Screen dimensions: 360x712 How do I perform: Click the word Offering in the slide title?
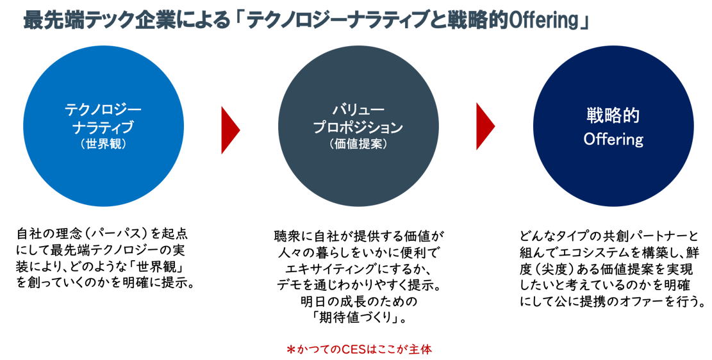click(543, 20)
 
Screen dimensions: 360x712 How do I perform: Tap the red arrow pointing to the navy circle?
click(485, 126)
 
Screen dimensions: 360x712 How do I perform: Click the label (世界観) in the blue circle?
click(103, 144)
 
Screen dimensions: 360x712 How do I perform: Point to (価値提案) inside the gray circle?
click(358, 144)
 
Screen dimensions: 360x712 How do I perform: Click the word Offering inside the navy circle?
click(613, 139)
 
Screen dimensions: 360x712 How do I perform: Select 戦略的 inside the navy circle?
click(613, 116)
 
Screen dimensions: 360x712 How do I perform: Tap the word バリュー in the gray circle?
click(358, 110)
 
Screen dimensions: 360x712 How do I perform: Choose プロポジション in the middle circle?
click(358, 127)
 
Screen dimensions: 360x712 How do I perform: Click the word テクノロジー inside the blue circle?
click(103, 110)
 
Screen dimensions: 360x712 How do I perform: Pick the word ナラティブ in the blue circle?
click(103, 127)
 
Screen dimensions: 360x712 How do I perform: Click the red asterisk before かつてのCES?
click(290, 350)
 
